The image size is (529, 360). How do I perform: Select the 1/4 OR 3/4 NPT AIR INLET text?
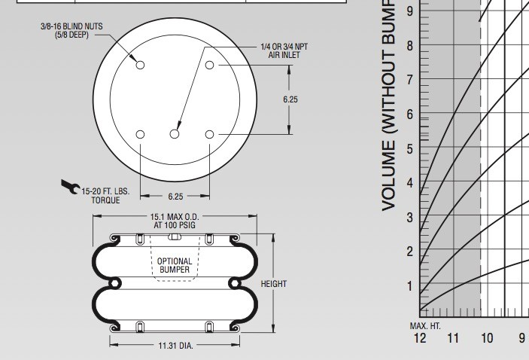pos(284,50)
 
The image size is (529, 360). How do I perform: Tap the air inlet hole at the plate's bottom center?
pos(175,134)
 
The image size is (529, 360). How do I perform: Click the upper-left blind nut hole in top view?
pos(141,66)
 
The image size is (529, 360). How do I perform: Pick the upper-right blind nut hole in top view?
pos(210,66)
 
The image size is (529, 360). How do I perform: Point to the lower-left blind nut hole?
pos(141,134)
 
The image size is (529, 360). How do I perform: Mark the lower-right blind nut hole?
pos(210,134)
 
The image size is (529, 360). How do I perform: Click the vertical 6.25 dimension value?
pos(291,99)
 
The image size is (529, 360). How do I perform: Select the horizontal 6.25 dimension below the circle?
pos(175,197)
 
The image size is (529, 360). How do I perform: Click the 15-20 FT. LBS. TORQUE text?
pos(105,196)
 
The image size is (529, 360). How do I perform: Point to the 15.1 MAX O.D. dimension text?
pos(175,221)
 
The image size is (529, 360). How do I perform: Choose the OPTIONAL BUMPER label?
pos(174,265)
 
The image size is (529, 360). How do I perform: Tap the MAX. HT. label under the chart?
pos(425,325)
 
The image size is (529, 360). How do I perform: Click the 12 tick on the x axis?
pos(419,338)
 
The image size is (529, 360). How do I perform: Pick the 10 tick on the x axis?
pos(487,338)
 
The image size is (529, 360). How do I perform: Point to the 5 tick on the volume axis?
pos(410,149)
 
